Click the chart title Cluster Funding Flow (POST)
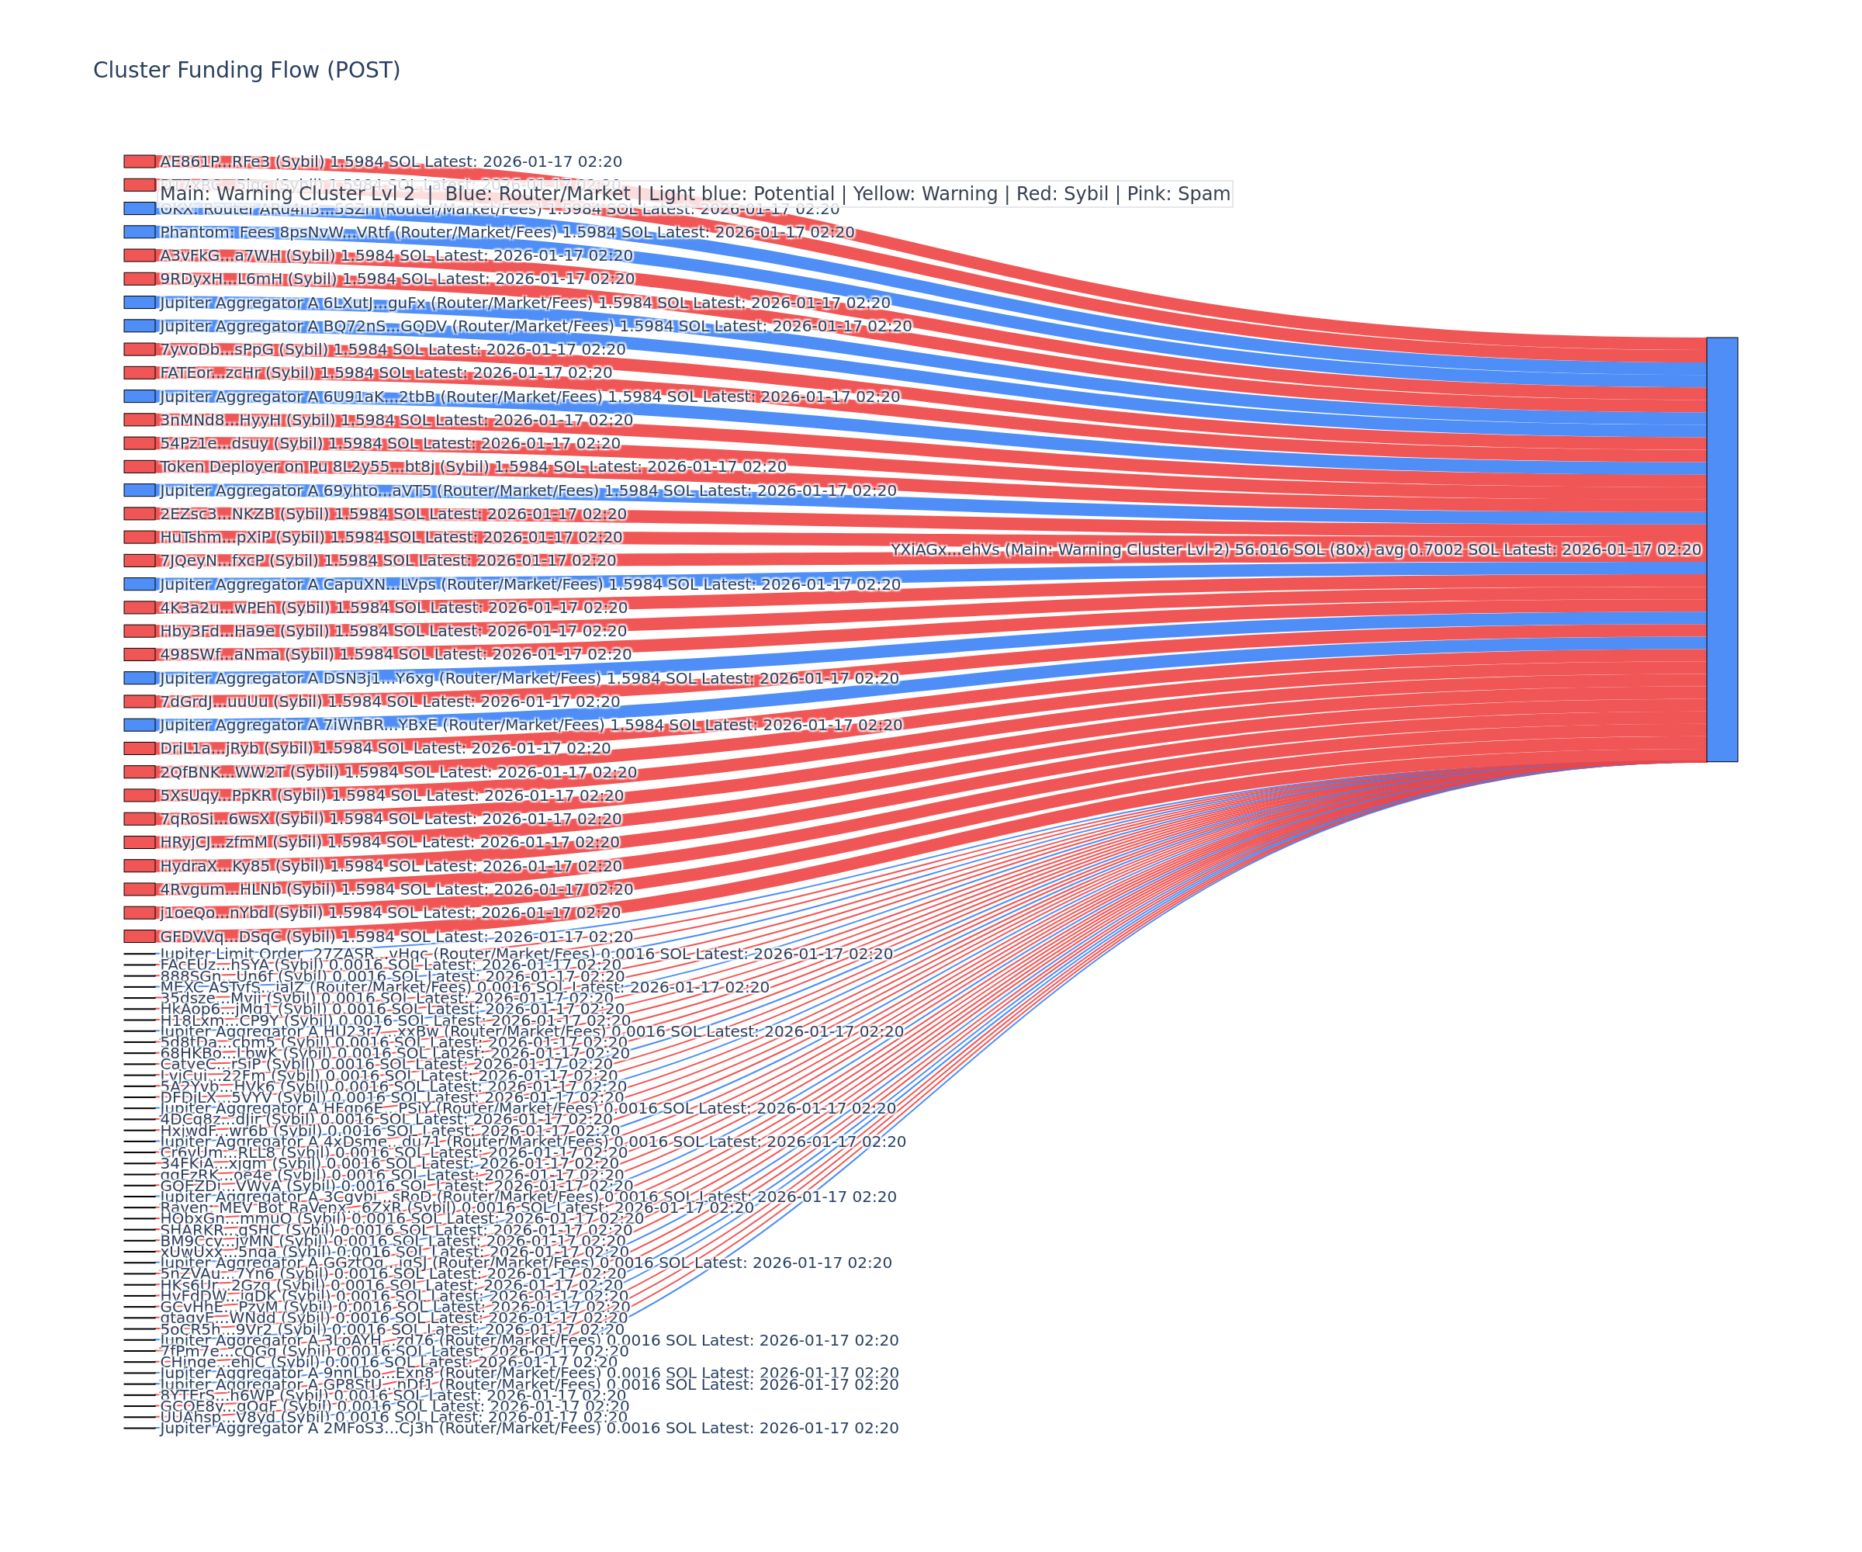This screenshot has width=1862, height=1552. [x=247, y=70]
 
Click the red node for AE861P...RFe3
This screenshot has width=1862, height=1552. [x=139, y=161]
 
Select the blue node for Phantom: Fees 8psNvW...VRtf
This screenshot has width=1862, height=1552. [x=139, y=231]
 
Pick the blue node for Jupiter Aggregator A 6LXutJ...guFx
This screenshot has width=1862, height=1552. [x=139, y=303]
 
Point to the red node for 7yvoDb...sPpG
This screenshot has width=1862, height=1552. [x=139, y=349]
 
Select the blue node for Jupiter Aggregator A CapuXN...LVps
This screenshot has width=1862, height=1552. [x=139, y=584]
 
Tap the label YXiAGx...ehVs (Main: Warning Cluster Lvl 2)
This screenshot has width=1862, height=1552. [x=1296, y=550]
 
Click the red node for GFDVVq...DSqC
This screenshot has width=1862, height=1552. [x=139, y=936]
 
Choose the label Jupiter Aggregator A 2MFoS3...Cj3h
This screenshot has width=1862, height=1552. [x=528, y=1428]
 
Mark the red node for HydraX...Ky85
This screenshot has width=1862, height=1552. [x=139, y=865]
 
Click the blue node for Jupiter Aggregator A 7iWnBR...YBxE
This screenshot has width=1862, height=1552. [x=139, y=725]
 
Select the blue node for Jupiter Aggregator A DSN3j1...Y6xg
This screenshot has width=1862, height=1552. [x=139, y=677]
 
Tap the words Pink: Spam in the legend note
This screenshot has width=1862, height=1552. [x=1180, y=194]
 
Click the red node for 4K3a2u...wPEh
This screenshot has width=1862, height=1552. [x=139, y=608]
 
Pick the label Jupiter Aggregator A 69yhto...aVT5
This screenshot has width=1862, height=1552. [x=528, y=490]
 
